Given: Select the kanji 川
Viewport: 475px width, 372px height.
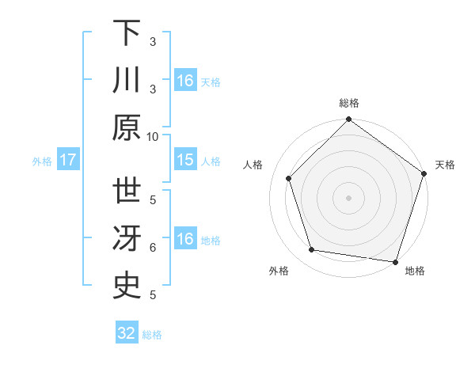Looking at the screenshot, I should click(127, 80).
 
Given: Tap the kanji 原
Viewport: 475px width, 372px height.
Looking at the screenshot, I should click(127, 127).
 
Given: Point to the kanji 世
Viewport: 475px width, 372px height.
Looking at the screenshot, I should click(127, 191).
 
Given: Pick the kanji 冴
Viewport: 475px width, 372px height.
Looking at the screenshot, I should click(127, 238).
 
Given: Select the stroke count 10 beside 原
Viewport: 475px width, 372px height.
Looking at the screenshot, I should click(153, 136).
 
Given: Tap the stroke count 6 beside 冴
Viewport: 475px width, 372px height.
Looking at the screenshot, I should click(153, 248).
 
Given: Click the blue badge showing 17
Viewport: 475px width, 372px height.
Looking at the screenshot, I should click(68, 160).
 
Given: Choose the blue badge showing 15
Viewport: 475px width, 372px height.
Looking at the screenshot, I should click(185, 160).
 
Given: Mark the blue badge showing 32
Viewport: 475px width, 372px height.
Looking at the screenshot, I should click(127, 333).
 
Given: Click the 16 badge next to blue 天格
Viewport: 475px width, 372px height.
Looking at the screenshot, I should click(185, 81).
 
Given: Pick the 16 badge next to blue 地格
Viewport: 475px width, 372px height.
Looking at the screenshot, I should click(185, 239).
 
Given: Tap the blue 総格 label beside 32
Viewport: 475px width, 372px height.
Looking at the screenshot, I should click(152, 335).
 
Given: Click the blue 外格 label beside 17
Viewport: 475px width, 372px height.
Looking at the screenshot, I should click(42, 161).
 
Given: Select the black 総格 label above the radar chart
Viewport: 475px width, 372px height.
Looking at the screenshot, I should click(349, 103).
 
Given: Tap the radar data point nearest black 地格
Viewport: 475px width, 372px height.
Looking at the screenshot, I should click(395, 261).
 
